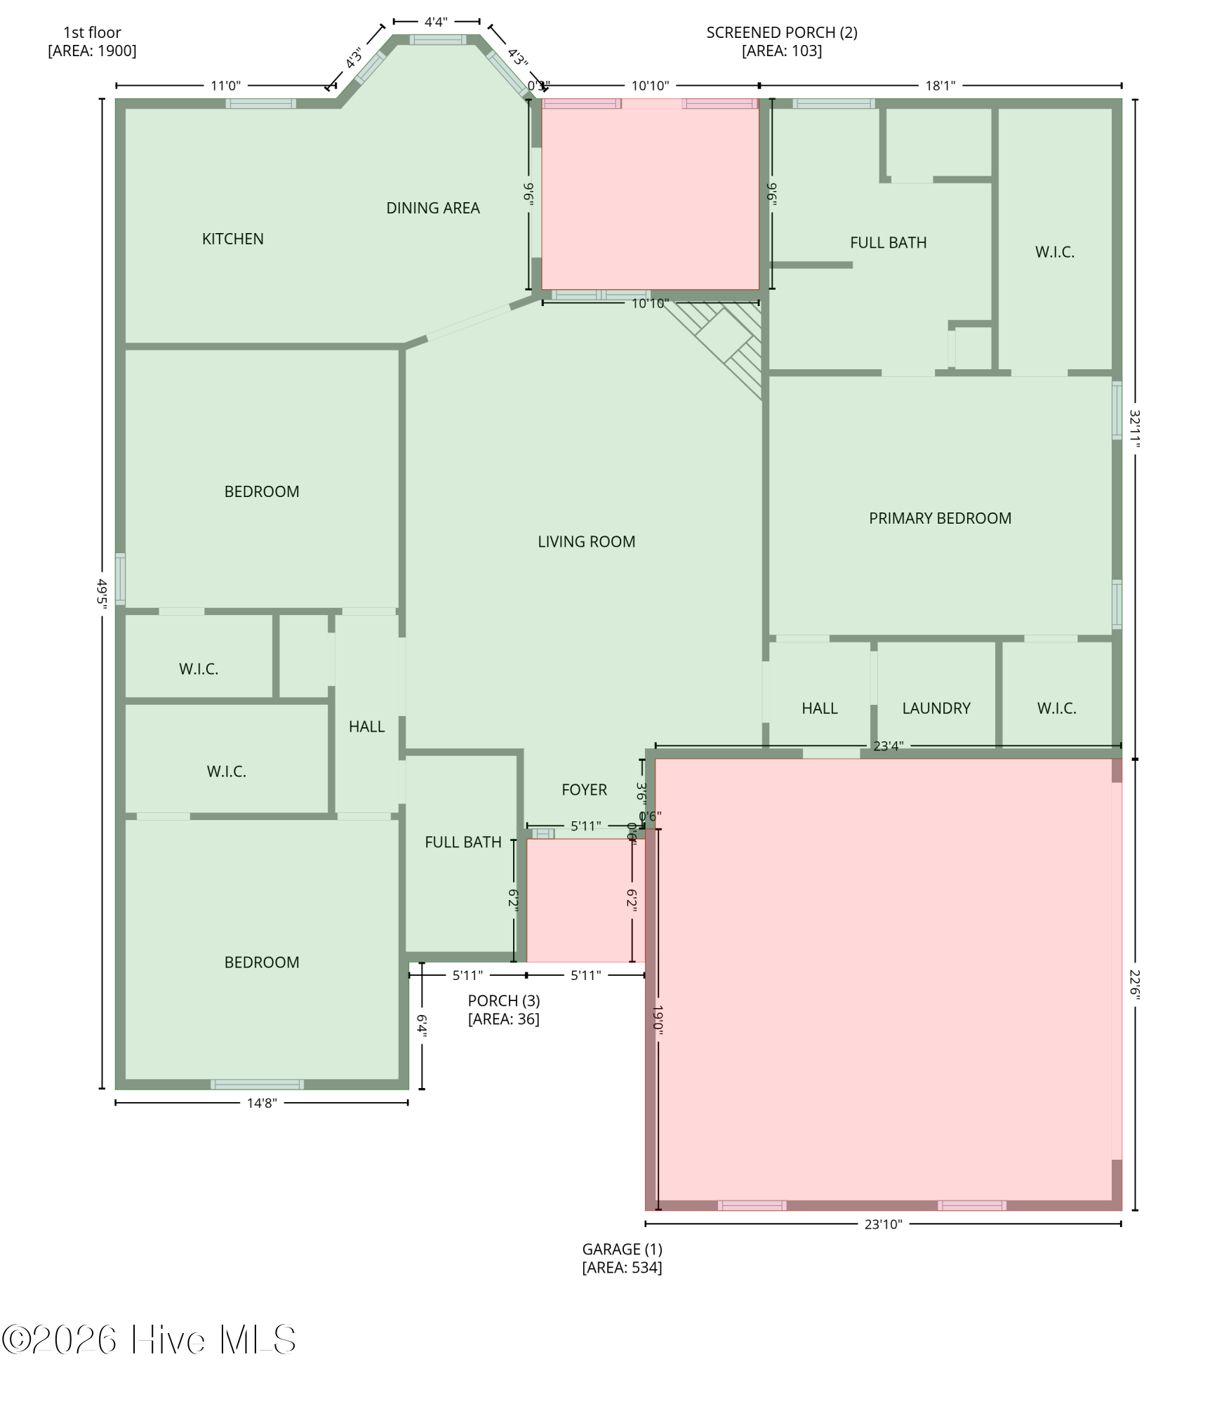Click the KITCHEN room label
(233, 239)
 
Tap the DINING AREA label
(433, 208)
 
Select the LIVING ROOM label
(587, 542)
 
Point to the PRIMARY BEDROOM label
(940, 519)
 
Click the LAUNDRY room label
(936, 709)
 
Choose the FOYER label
(585, 790)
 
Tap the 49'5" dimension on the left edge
(102, 593)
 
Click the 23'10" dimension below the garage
(883, 1225)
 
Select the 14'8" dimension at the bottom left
(262, 1104)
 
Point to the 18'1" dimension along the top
(940, 86)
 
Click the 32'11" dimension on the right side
(1135, 429)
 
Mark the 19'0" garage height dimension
(658, 1019)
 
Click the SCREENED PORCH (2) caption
(782, 42)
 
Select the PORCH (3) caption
(504, 1010)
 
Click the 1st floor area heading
(92, 42)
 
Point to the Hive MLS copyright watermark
(149, 1340)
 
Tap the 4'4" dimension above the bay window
(436, 22)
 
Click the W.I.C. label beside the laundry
(1057, 709)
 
